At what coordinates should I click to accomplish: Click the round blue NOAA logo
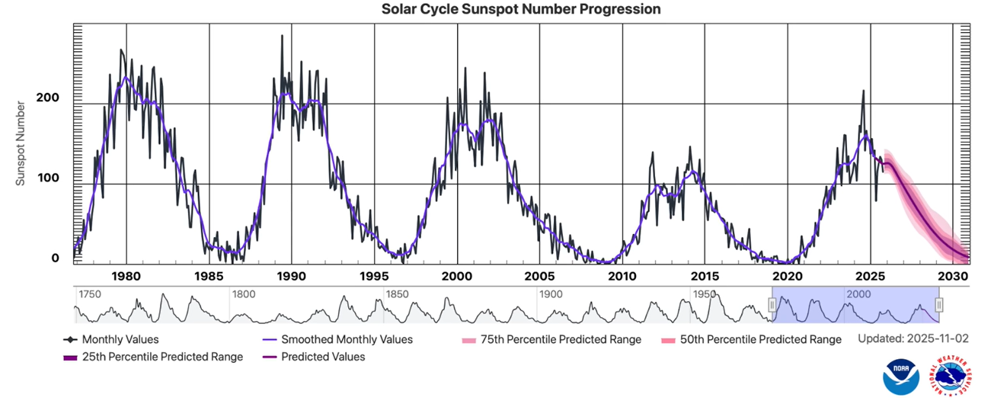[901, 377]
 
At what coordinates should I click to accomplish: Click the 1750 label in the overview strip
[90, 294]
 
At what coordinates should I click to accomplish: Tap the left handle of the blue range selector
[772, 305]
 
